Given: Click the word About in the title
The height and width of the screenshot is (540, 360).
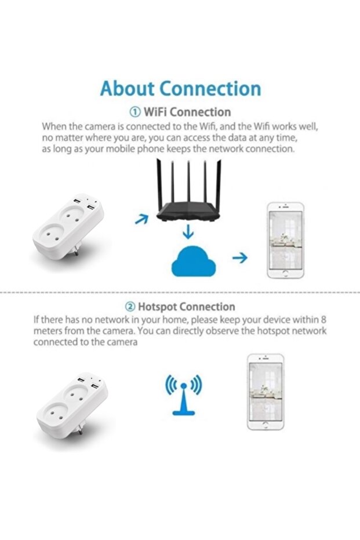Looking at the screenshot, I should click(x=126, y=89).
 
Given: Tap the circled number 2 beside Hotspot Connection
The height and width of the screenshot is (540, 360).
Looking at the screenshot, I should click(x=130, y=307).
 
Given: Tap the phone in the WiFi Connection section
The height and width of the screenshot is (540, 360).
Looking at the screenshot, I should click(x=285, y=240).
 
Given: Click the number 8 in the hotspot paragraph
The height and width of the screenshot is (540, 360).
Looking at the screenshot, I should click(x=323, y=320).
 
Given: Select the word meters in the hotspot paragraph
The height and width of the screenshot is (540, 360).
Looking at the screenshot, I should click(x=48, y=331).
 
